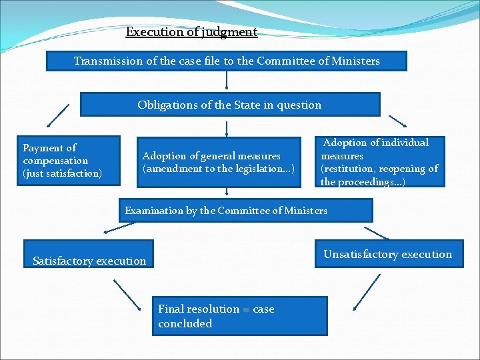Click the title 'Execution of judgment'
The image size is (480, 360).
coord(191,32)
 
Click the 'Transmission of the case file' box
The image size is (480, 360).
coord(226,61)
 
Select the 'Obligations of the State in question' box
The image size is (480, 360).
coord(229,105)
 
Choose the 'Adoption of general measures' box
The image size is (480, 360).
coord(218,163)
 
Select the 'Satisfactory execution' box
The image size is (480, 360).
coord(89,254)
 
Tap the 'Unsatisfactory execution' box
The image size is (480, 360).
coord(388,253)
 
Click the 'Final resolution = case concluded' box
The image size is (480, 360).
coord(240,316)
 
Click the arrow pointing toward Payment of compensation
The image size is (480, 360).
coord(57,115)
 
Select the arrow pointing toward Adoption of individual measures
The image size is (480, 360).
coord(397,121)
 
